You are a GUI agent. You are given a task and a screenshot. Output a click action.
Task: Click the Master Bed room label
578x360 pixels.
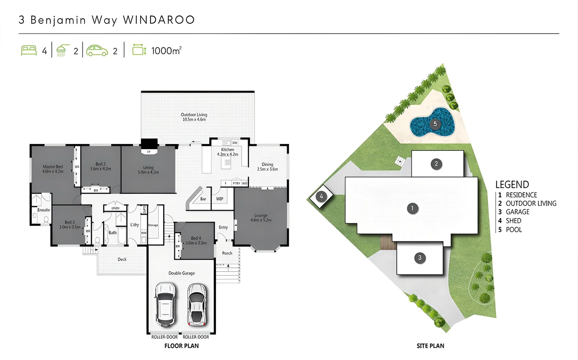pos(53,169)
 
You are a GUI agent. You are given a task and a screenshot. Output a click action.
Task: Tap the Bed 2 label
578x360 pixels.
pos(100,166)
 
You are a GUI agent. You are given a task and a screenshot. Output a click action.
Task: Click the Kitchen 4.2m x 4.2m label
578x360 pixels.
pos(228,152)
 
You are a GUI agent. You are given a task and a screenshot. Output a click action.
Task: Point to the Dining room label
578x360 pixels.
pos(267,167)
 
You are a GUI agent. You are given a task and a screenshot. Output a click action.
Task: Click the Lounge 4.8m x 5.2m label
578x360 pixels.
pos(261,218)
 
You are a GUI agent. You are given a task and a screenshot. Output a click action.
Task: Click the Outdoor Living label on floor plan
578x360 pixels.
pos(194,117)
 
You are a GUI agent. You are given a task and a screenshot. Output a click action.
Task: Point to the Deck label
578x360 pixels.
pos(122,259)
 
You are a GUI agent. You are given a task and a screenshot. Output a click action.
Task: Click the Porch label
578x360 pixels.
pos(227,253)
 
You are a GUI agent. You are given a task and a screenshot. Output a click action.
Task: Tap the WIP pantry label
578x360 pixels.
pos(219,199)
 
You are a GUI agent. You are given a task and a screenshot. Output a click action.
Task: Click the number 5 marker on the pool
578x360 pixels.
pos(435,124)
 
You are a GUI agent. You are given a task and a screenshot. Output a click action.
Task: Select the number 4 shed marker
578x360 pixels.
pos(321,196)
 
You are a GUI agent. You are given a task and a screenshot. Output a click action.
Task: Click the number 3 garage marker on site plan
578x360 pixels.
pos(420,258)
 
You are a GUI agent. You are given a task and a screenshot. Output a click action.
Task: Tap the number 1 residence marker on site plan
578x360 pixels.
pos(412,209)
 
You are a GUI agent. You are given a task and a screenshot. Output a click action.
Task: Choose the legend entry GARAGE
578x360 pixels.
pos(517,212)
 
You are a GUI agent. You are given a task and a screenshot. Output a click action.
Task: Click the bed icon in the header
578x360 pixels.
pos(29,51)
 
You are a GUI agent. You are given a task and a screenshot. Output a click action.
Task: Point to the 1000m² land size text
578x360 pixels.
pos(166,51)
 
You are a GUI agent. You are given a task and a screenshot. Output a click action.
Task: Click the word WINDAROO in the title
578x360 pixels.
pos(159,20)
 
